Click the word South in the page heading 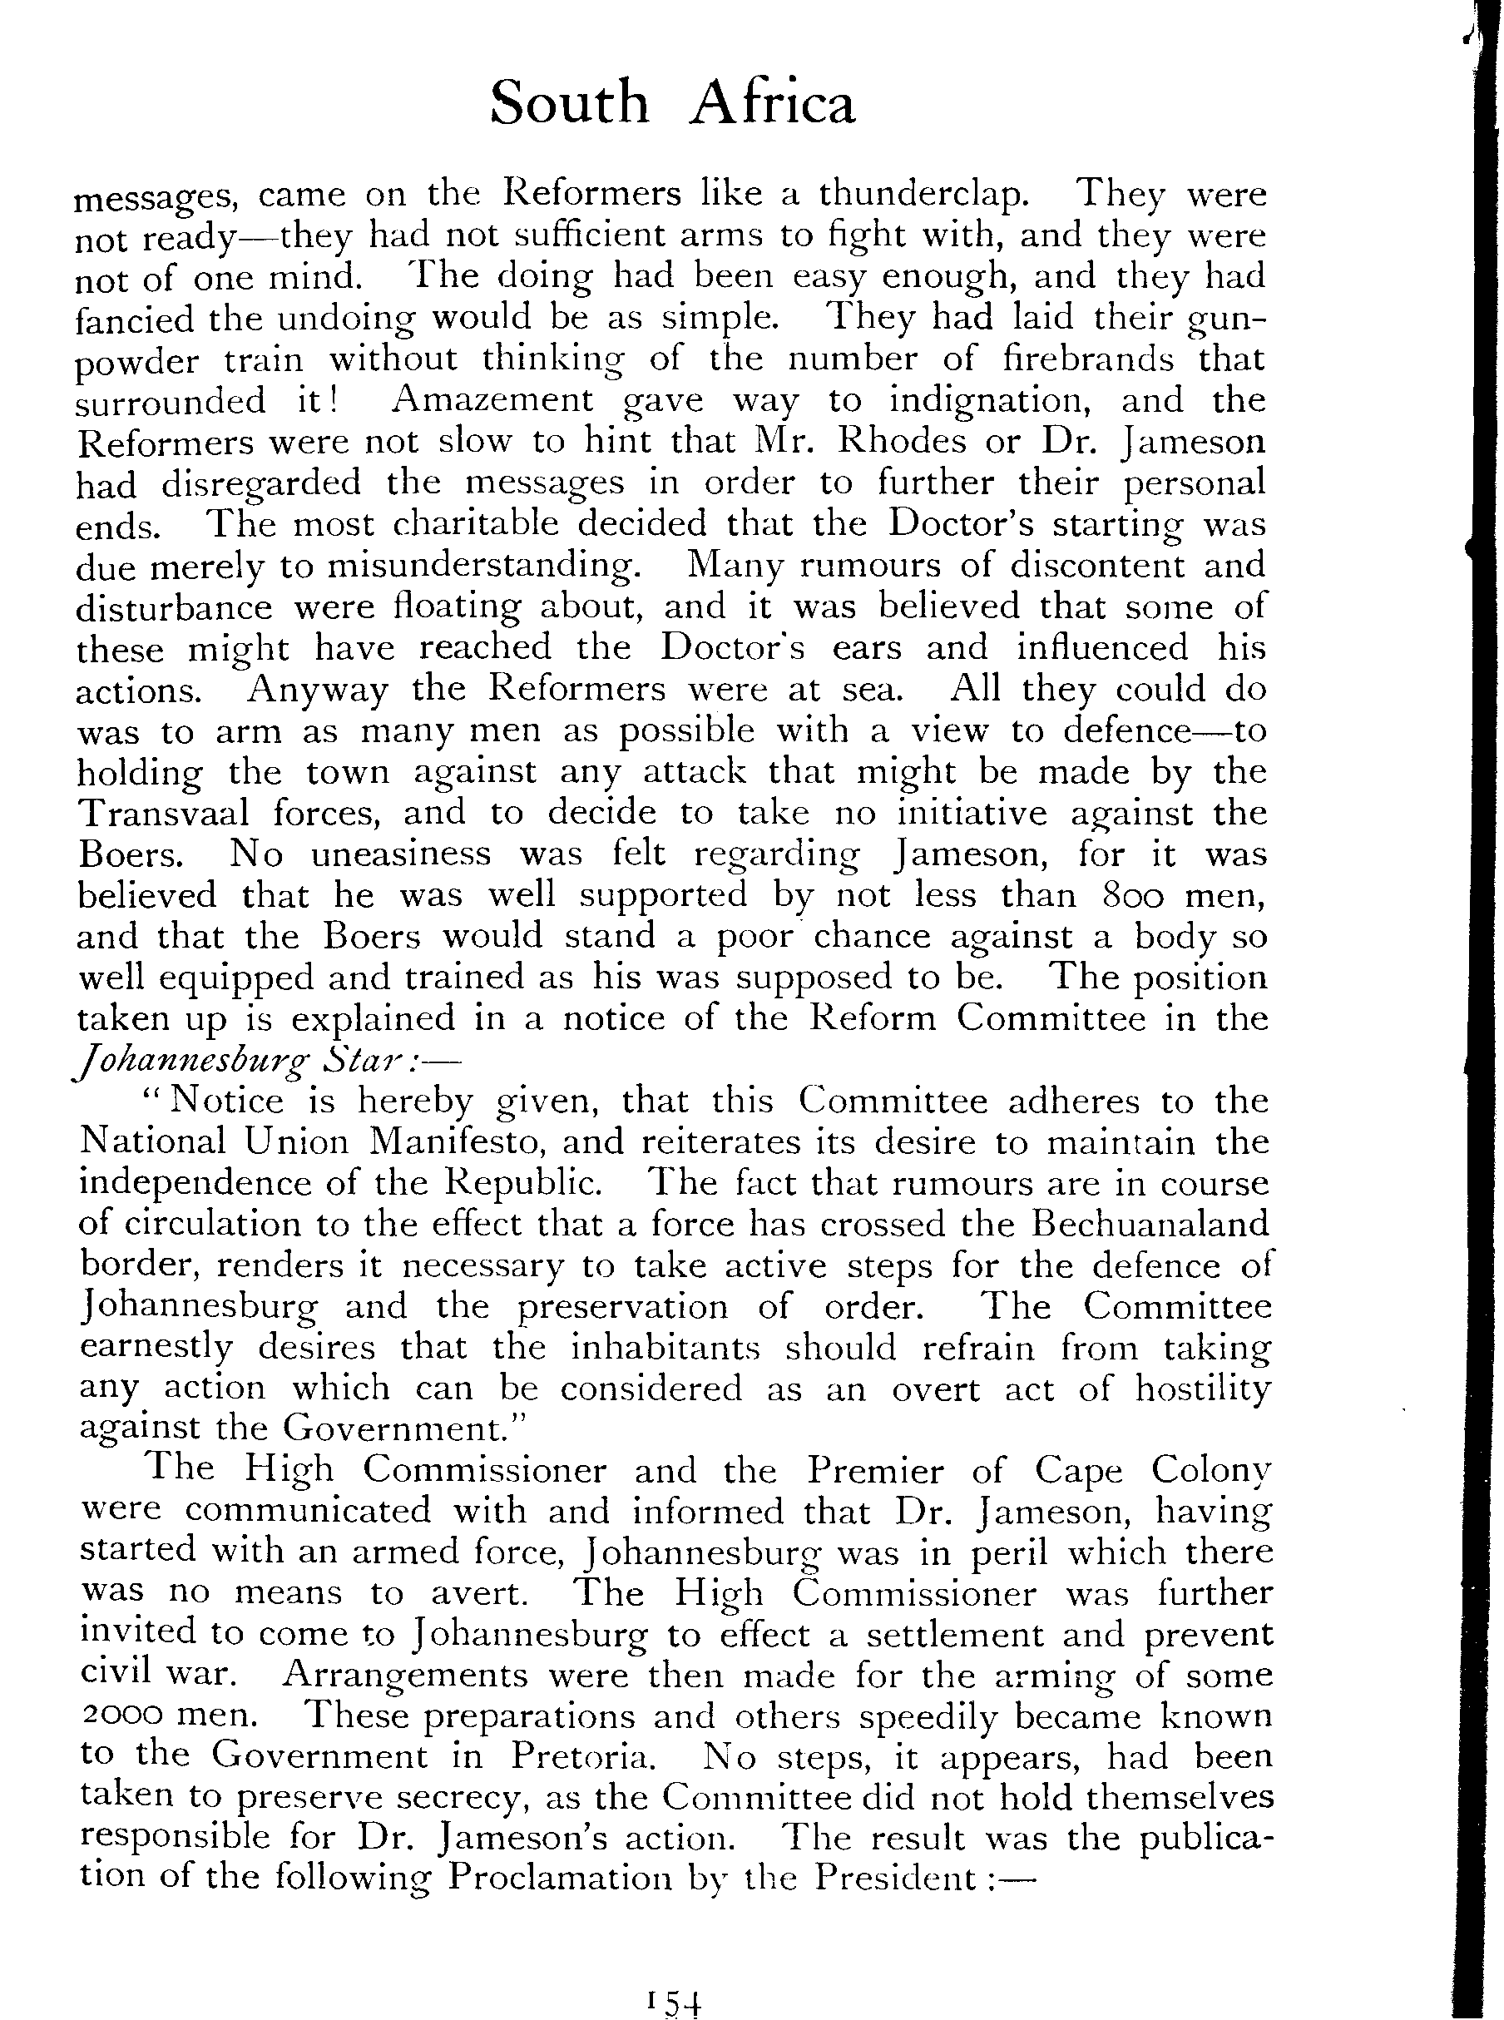569,103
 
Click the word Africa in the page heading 772,103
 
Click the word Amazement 495,399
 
